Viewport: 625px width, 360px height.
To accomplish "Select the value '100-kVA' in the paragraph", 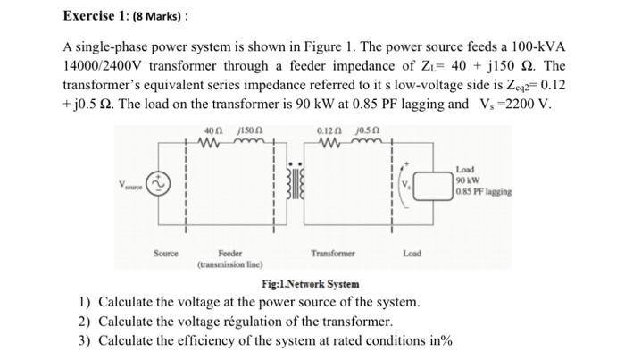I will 537,46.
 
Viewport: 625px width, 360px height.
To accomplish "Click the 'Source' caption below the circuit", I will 165,253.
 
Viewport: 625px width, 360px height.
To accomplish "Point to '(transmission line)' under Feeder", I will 229,265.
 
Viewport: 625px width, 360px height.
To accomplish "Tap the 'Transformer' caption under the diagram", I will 333,254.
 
